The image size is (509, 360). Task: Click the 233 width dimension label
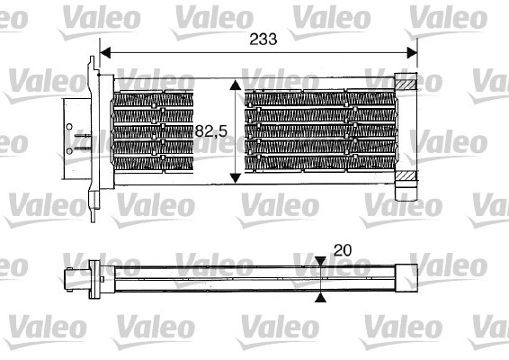point(262,39)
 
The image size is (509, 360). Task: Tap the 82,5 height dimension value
point(211,131)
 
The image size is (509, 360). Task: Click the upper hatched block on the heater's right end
point(408,85)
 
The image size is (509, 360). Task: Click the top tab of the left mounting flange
point(94,64)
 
